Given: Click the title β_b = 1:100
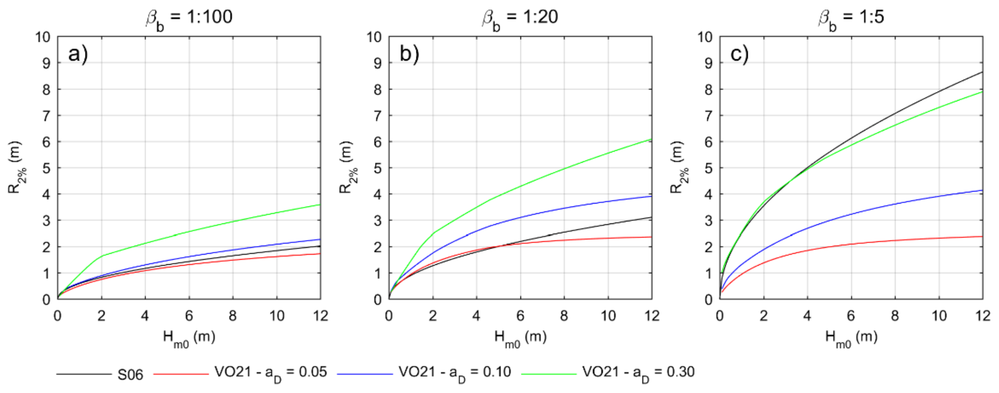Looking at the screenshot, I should point(189,18).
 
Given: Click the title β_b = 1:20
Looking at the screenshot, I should point(520,18).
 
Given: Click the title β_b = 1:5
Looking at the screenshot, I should point(851,18).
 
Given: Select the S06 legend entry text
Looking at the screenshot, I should point(130,375).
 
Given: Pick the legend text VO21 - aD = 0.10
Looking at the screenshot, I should point(455,373).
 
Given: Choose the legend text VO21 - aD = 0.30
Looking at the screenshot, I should point(638,373).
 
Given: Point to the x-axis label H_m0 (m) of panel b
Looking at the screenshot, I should point(520,338).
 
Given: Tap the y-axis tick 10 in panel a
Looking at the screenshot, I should point(43,37).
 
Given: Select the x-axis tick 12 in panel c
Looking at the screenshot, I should point(983,316).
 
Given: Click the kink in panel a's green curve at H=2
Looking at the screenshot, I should point(102,256).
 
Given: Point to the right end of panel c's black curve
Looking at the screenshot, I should point(982,72).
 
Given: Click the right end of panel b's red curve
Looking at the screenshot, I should point(651,237).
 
